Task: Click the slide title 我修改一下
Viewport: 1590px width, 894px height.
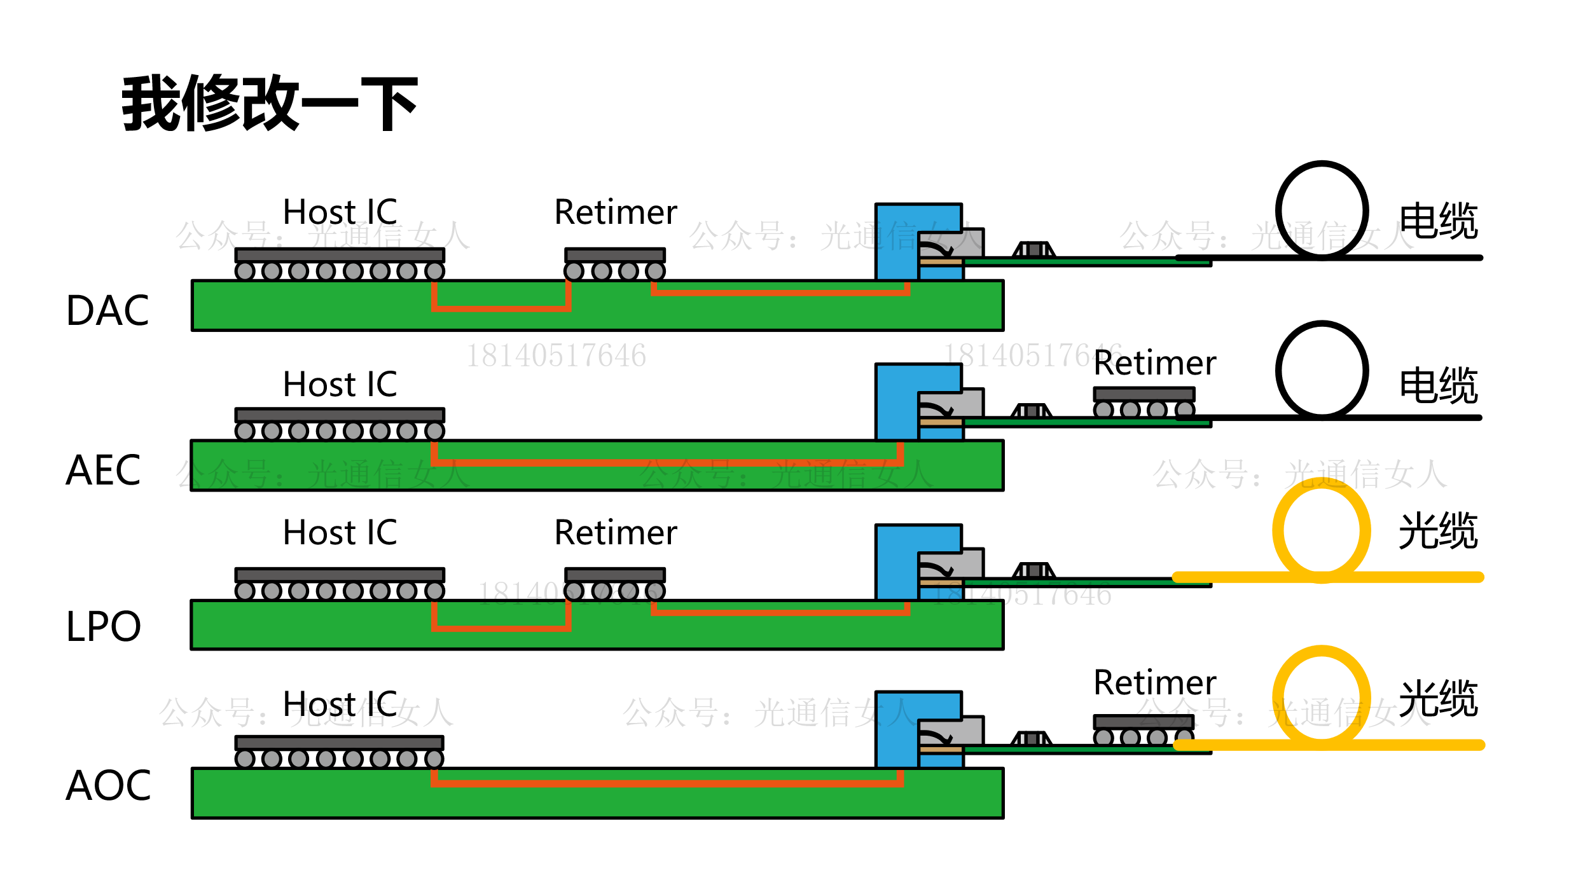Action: [x=270, y=103]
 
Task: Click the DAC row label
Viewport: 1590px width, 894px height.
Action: [x=107, y=311]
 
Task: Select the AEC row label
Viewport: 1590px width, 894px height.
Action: [x=103, y=471]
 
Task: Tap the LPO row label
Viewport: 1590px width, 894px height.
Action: [x=103, y=626]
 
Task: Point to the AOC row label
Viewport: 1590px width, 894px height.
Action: [x=108, y=785]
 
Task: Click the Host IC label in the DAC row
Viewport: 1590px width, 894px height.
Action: [x=340, y=212]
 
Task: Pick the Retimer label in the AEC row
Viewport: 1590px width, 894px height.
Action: [x=1154, y=363]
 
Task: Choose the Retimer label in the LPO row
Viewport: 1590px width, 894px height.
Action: [x=616, y=532]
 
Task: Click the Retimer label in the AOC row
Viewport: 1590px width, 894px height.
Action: [x=1154, y=682]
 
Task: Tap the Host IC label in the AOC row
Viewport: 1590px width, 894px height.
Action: [x=340, y=704]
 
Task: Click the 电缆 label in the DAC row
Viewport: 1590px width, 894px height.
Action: [x=1439, y=221]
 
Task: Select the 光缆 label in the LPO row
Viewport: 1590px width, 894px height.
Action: [x=1439, y=530]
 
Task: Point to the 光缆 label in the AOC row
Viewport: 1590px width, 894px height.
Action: [x=1439, y=698]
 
